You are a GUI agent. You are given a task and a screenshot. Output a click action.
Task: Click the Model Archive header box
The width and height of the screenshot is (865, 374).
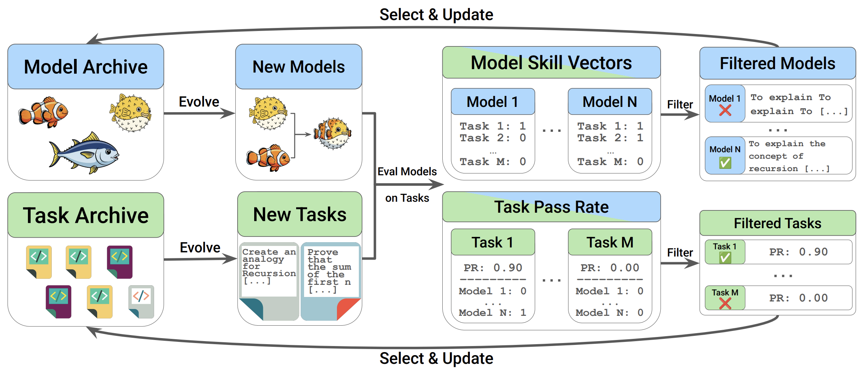click(x=86, y=66)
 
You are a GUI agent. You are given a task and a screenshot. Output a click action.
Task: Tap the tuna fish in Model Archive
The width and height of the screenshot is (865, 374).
click(x=84, y=153)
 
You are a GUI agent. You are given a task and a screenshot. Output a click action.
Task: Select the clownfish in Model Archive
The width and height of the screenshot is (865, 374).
click(x=43, y=112)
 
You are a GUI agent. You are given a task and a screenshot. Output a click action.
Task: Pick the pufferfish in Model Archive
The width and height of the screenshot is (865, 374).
click(x=131, y=113)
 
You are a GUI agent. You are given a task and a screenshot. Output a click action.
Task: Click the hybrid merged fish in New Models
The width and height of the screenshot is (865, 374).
click(x=332, y=133)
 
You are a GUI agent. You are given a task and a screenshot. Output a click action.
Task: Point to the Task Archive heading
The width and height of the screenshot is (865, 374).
click(x=86, y=215)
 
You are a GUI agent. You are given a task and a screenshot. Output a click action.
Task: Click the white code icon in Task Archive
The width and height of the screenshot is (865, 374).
click(x=141, y=301)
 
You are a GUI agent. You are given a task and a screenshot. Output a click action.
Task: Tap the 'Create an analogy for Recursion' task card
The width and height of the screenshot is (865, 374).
click(x=269, y=281)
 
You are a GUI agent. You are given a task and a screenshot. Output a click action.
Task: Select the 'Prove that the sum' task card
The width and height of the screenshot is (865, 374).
click(x=331, y=281)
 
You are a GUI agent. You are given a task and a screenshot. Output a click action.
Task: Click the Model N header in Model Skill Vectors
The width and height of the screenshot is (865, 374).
click(x=610, y=102)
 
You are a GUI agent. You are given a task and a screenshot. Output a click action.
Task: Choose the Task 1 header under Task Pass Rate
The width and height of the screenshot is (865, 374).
click(x=493, y=242)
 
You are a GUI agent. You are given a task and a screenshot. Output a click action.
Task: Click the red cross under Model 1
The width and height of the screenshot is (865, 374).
click(x=725, y=110)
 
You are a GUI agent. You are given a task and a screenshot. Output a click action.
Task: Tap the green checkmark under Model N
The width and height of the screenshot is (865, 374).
click(x=725, y=162)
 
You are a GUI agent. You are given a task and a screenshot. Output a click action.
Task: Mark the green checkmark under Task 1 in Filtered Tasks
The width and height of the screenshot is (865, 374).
click(x=725, y=258)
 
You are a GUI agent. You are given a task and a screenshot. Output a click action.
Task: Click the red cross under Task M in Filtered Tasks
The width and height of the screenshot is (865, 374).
click(x=725, y=303)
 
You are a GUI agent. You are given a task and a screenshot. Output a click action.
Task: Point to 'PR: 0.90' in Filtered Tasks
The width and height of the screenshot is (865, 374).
click(x=798, y=252)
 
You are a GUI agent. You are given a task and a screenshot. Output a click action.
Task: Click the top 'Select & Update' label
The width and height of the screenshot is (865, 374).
click(x=436, y=15)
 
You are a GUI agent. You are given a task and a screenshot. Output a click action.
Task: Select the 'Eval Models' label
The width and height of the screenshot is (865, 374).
click(x=407, y=172)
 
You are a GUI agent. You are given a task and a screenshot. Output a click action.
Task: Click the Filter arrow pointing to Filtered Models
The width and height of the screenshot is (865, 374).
click(x=680, y=114)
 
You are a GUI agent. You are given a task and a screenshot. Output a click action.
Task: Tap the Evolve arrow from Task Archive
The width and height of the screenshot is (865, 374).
click(x=201, y=259)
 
